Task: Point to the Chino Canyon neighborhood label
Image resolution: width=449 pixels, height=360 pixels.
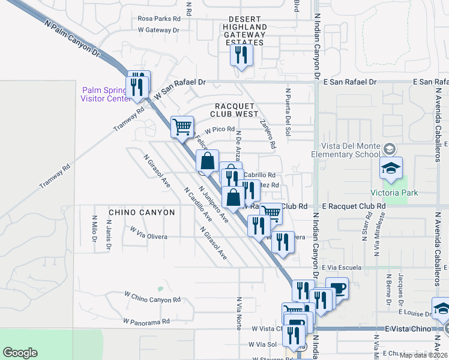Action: (142, 212)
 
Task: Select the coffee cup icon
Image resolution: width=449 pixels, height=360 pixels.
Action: (337, 289)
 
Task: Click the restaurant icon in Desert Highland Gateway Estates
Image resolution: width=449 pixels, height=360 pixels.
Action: (241, 56)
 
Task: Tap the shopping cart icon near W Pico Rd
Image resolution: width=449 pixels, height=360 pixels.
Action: (182, 127)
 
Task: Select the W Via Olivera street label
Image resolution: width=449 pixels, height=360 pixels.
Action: (149, 233)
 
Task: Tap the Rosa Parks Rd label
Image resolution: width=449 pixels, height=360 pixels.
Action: (159, 19)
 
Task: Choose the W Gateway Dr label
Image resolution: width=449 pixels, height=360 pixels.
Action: (159, 29)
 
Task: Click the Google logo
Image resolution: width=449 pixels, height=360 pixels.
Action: (20, 353)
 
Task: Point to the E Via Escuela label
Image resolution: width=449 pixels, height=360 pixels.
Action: (341, 267)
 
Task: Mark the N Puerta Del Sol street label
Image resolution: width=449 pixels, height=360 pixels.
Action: (288, 109)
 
